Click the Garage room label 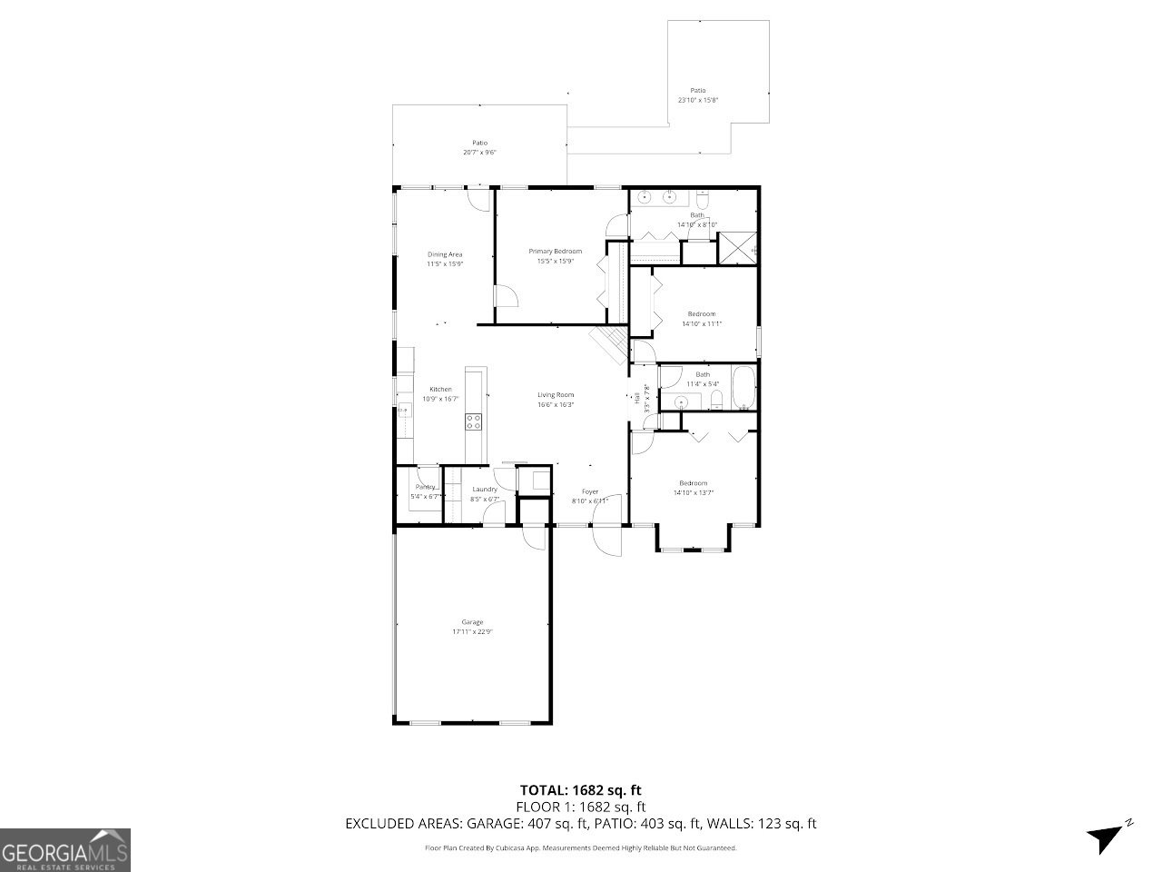tap(471, 622)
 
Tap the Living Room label tap(555, 394)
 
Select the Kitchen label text tap(440, 390)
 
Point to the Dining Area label tap(445, 254)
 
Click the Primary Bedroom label tap(555, 251)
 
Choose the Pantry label tap(425, 487)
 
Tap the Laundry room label tap(484, 490)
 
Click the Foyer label tap(590, 492)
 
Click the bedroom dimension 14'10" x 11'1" tap(701, 323)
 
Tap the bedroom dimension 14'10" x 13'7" tap(694, 493)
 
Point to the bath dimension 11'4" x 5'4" tap(703, 384)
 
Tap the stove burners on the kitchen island tap(474, 421)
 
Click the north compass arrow tap(1106, 836)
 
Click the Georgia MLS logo tap(65, 850)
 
